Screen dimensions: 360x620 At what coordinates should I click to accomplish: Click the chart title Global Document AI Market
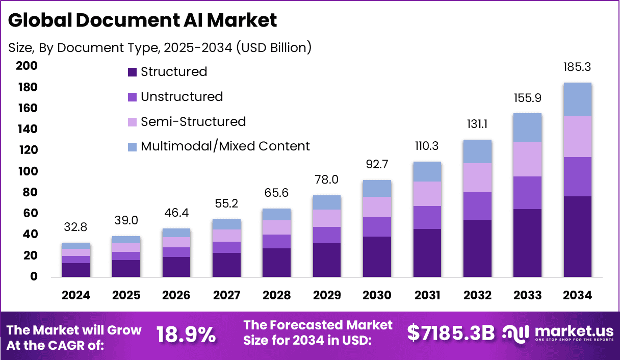142,20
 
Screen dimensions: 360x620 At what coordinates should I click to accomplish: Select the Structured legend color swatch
133,72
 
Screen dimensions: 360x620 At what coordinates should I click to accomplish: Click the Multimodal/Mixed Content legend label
225,146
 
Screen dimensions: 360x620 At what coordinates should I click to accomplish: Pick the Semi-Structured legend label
193,122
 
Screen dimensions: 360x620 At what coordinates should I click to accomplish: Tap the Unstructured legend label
182,97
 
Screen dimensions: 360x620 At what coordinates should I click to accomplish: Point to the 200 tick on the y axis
27,66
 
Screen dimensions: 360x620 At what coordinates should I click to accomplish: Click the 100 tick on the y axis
27,171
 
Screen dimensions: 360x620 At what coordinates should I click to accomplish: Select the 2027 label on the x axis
226,296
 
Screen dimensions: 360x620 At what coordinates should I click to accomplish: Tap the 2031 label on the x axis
426,296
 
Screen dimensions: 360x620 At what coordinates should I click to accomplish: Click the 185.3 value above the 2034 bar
577,67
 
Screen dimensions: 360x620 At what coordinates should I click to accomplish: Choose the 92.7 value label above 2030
377,165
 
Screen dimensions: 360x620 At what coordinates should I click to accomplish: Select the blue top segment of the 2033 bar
527,127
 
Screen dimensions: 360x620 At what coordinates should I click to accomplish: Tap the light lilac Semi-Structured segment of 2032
477,177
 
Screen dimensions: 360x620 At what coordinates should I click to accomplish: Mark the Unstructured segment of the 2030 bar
377,227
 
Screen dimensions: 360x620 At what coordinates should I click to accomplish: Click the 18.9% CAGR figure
186,335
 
